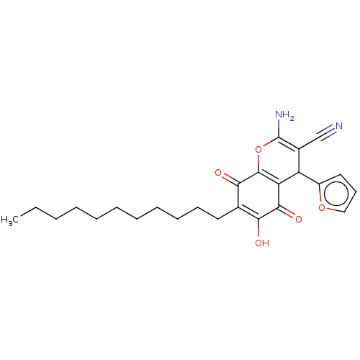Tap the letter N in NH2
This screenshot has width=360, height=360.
279,115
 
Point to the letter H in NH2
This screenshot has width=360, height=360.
287,115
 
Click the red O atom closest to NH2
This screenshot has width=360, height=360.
258,150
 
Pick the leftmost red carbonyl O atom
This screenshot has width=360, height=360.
218,173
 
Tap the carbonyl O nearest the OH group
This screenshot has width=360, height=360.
298,219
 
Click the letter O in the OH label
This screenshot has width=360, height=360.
258,243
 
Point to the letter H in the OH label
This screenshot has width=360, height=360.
266,243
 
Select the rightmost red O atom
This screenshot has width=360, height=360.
323,208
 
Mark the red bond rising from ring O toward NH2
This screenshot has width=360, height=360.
268,144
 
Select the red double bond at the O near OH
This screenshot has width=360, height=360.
291,214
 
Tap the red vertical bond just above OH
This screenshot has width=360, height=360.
258,233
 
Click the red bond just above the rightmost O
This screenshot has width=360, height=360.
320,198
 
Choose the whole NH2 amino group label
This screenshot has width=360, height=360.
285,116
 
